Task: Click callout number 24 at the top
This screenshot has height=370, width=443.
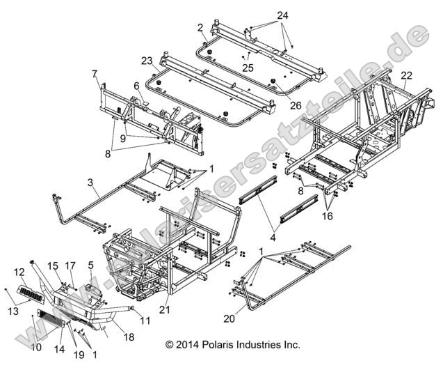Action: click(263, 15)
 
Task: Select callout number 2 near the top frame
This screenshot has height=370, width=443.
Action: click(200, 27)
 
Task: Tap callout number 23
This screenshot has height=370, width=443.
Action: click(147, 60)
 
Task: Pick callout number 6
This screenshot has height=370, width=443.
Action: click(136, 86)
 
